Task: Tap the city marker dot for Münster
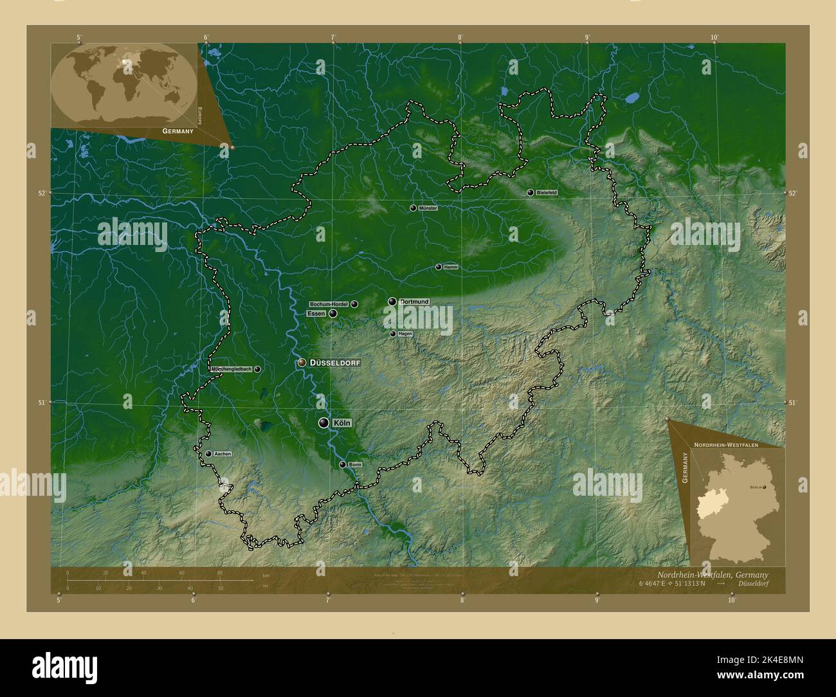[x=413, y=208]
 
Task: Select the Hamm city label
[x=451, y=267]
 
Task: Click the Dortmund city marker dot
[x=392, y=302]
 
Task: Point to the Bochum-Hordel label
[x=329, y=304]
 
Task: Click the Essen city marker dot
[x=332, y=314]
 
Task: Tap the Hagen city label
[x=405, y=334]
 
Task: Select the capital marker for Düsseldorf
[x=302, y=363]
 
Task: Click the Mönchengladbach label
[x=231, y=369]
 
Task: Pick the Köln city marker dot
[x=323, y=422]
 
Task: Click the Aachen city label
[x=223, y=454]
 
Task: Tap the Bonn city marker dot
[x=343, y=465]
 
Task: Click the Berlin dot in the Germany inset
[x=764, y=487]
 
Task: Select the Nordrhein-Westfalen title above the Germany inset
[x=725, y=444]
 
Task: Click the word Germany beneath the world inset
[x=178, y=131]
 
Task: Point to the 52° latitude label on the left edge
[x=42, y=193]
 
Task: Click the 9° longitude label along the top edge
[x=587, y=37]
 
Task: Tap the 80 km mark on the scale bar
[x=220, y=572]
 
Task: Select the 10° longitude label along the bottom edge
[x=731, y=600]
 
